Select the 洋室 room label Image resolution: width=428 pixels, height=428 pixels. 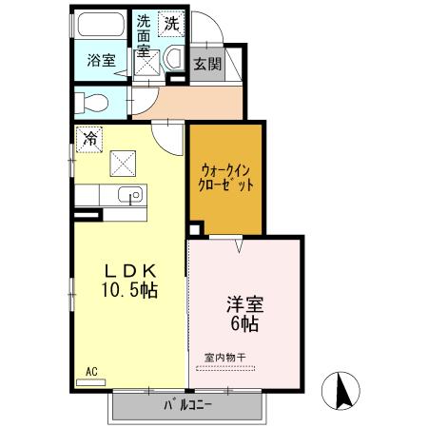[244, 306]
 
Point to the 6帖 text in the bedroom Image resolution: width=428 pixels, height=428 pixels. [244, 324]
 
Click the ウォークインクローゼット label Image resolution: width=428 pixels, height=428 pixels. [226, 179]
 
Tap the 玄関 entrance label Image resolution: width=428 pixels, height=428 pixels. [207, 64]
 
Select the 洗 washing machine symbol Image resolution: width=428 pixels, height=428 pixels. [172, 22]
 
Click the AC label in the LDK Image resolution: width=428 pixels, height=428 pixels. [91, 372]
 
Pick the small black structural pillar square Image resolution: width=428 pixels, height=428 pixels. [195, 229]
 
